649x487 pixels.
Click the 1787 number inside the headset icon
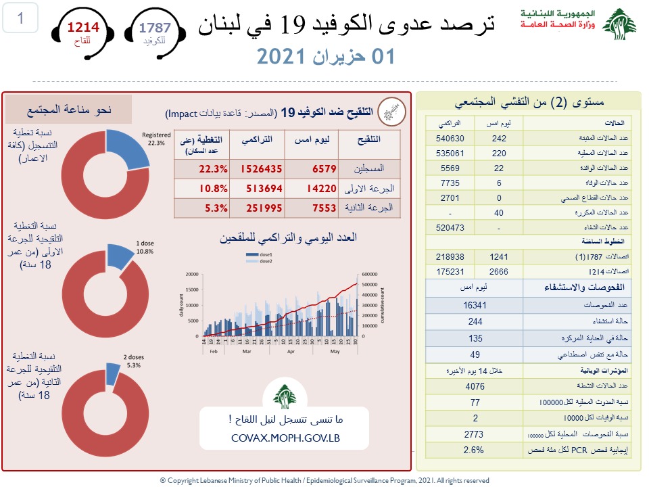point(155,28)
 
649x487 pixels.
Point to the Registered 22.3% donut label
point(156,138)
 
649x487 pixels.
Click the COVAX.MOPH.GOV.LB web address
point(284,437)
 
